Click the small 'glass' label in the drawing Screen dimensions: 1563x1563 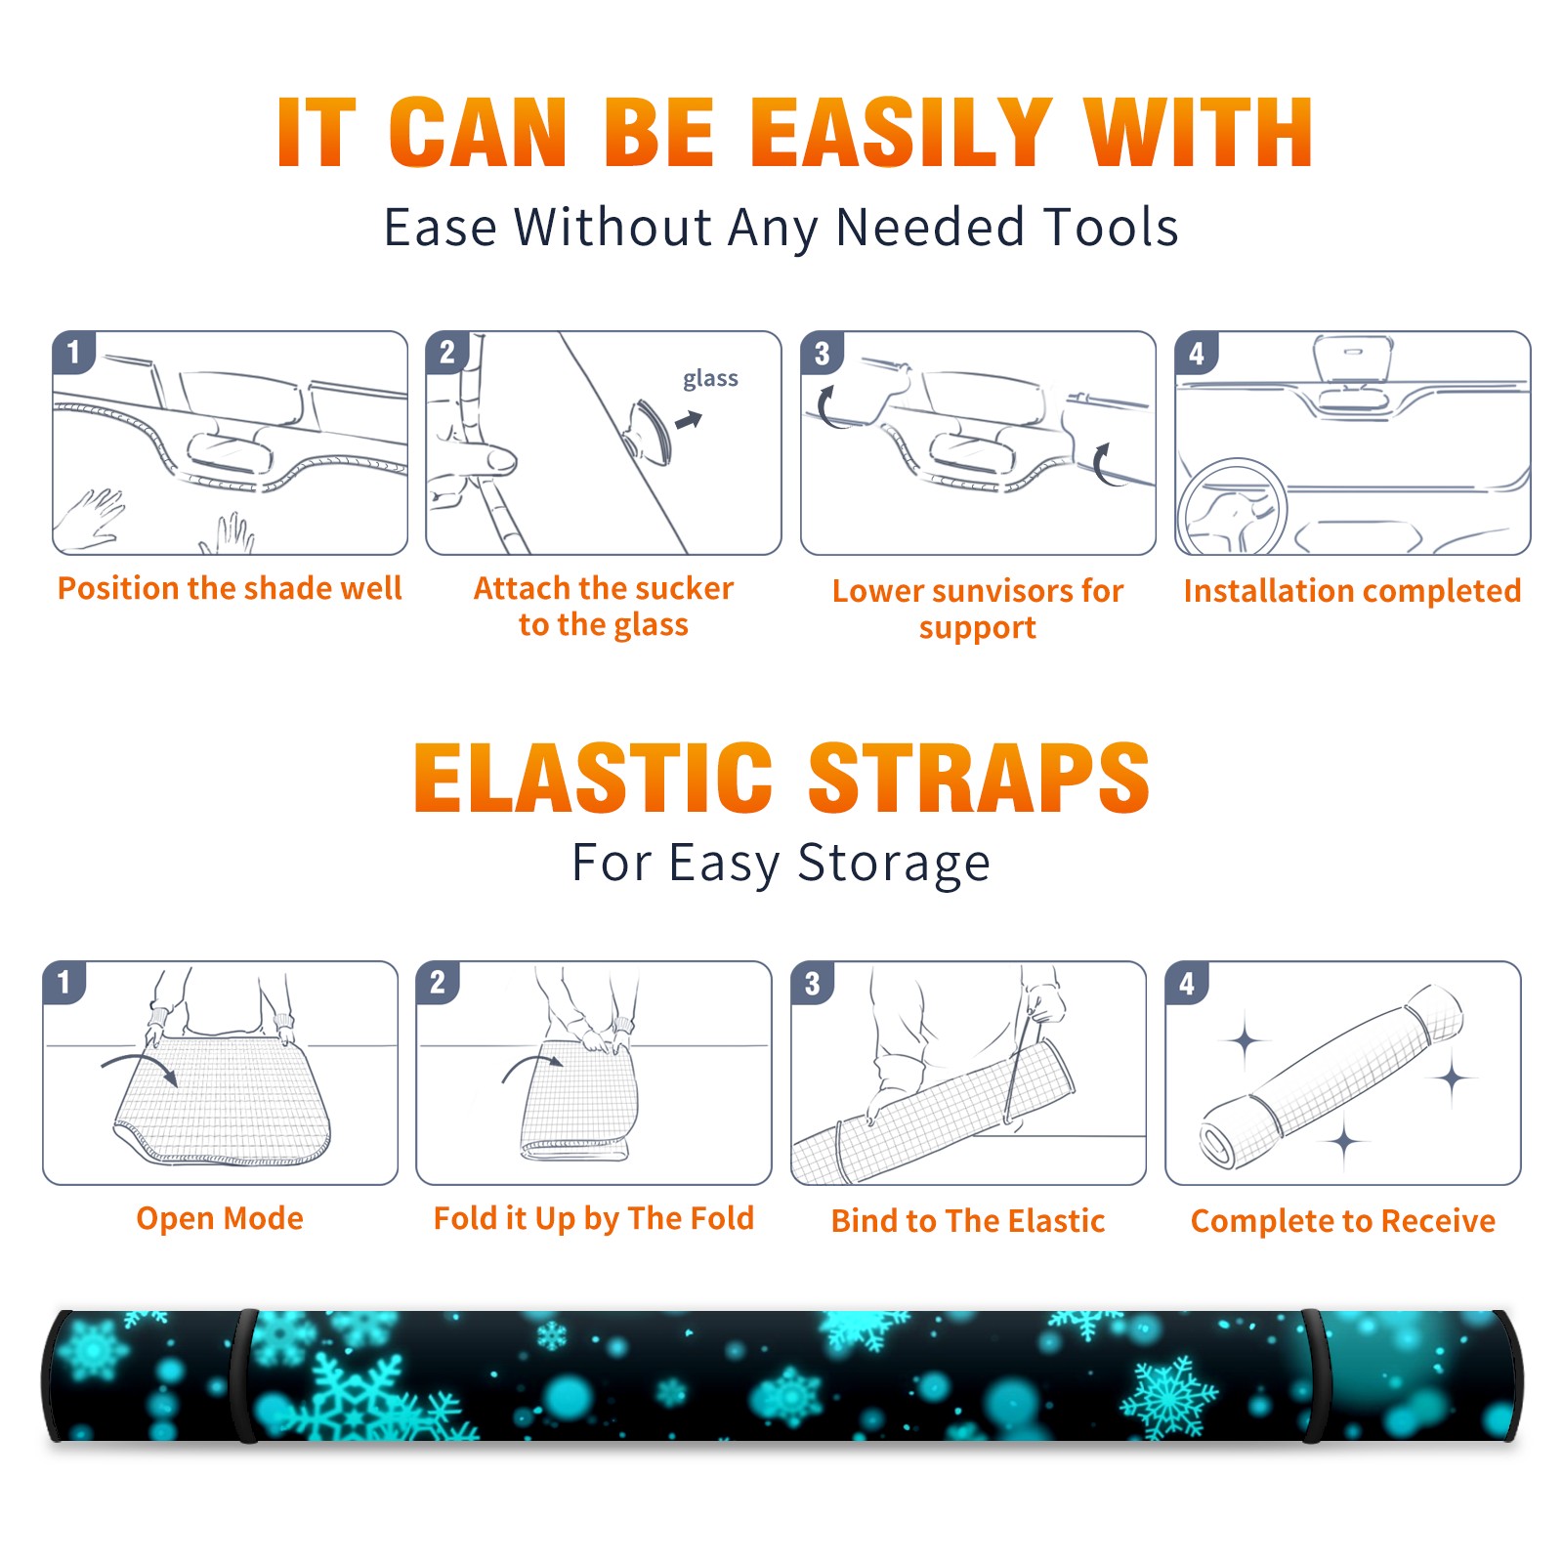click(x=710, y=379)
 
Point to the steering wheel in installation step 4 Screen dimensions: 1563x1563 click(x=1232, y=507)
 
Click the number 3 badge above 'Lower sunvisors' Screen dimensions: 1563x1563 click(x=822, y=353)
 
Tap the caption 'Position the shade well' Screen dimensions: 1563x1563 click(x=230, y=588)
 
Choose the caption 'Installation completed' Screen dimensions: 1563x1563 click(x=1352, y=591)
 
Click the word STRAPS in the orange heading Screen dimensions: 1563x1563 click(x=979, y=778)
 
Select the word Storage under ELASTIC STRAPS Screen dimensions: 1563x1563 click(x=894, y=864)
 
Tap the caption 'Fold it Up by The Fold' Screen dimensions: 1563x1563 click(x=594, y=1218)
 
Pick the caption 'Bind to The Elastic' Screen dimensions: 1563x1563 click(x=968, y=1221)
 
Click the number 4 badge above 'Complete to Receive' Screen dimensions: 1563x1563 click(x=1186, y=983)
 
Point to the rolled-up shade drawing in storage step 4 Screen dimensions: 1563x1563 click(x=1331, y=1076)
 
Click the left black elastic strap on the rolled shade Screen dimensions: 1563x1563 click(x=245, y=1376)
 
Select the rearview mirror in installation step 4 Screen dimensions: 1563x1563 click(x=1352, y=360)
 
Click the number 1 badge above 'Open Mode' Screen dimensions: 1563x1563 click(x=64, y=982)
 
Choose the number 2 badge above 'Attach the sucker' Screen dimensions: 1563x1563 click(x=446, y=352)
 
